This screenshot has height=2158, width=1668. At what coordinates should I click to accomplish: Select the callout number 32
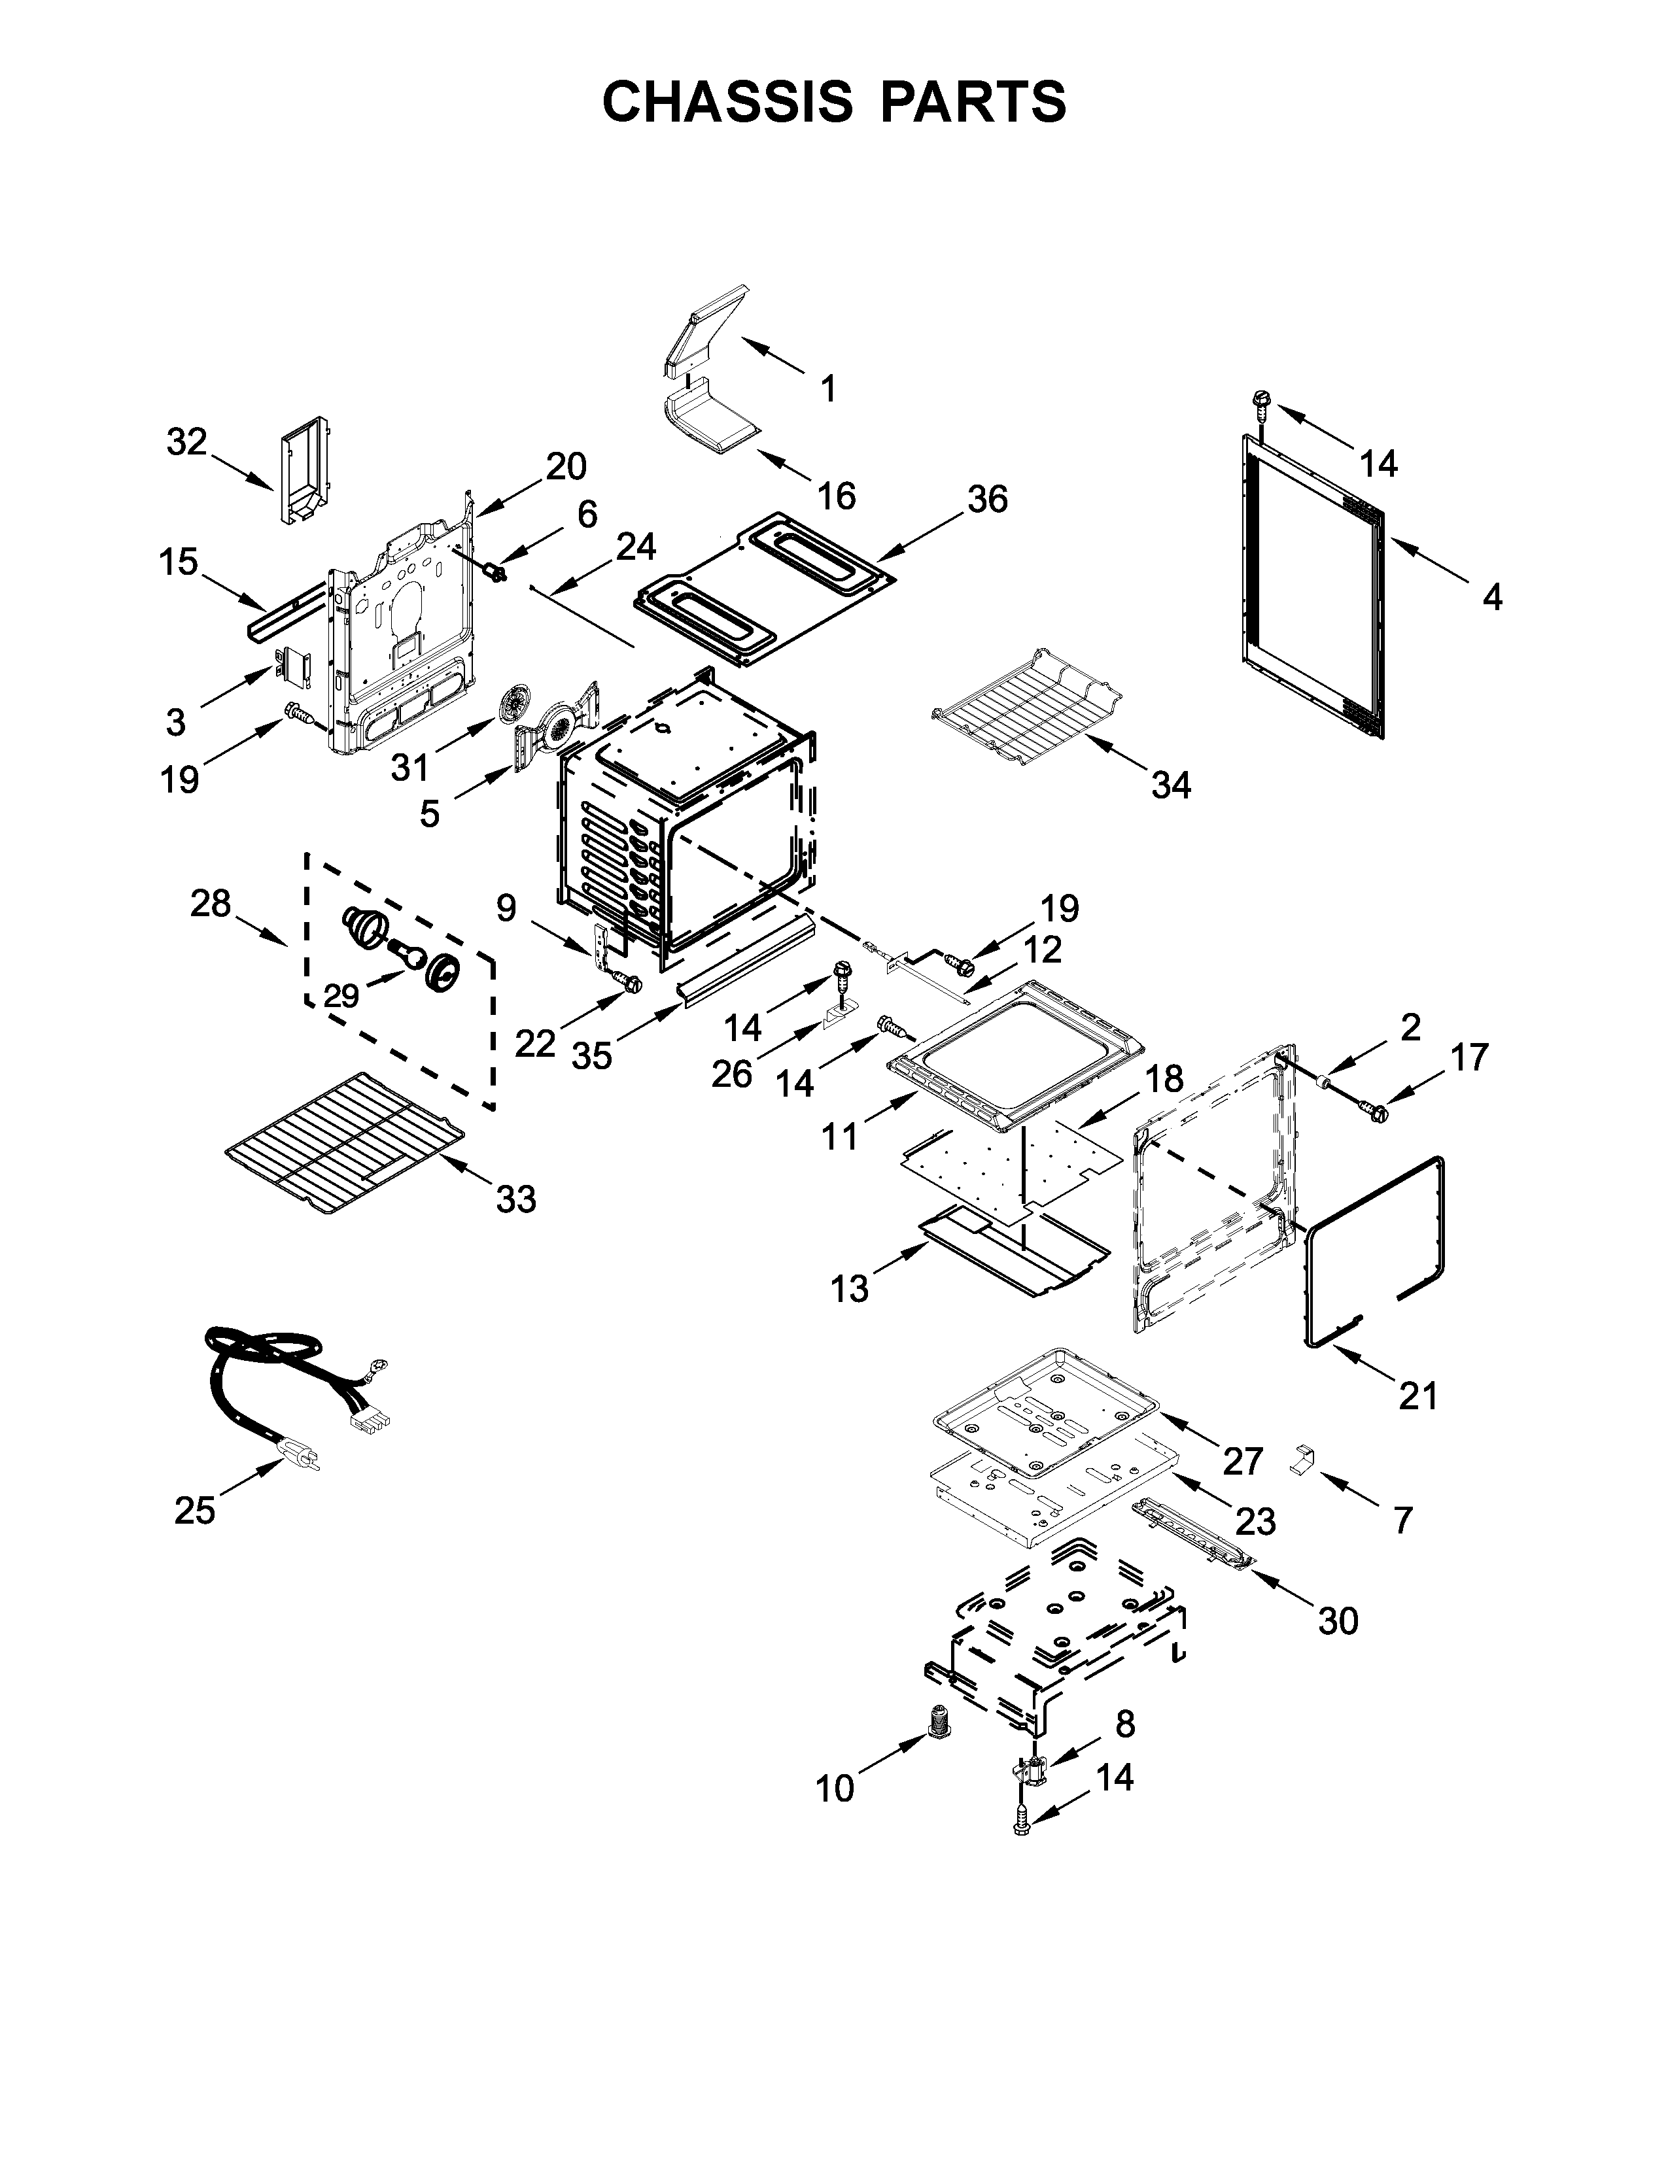click(187, 441)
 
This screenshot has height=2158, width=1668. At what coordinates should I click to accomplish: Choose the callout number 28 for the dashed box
click(211, 903)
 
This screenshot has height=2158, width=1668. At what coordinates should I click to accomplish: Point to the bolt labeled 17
click(1372, 1112)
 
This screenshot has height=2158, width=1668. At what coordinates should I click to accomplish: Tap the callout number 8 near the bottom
click(1124, 1724)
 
